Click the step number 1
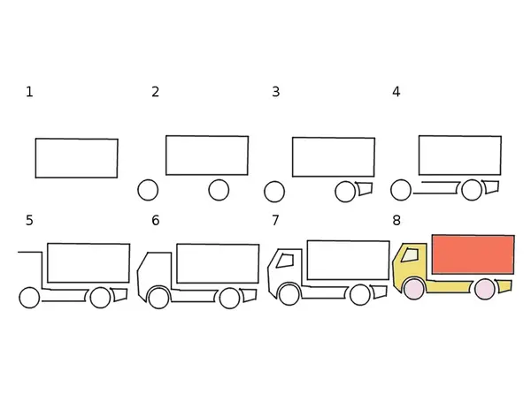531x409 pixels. [29, 92]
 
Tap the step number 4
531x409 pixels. [396, 92]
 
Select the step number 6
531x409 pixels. [156, 220]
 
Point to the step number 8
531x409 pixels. [396, 220]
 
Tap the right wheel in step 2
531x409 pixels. [219, 190]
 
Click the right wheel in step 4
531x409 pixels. [472, 190]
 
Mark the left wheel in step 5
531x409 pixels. [29, 298]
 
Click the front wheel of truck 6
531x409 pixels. [158, 299]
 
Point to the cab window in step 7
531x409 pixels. [285, 261]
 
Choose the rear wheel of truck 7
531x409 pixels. [360, 295]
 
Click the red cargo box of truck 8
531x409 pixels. [473, 254]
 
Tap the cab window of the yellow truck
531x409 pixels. [410, 255]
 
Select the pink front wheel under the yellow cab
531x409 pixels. [414, 290]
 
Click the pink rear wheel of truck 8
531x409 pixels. [485, 290]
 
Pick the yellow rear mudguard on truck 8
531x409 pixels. [504, 286]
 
